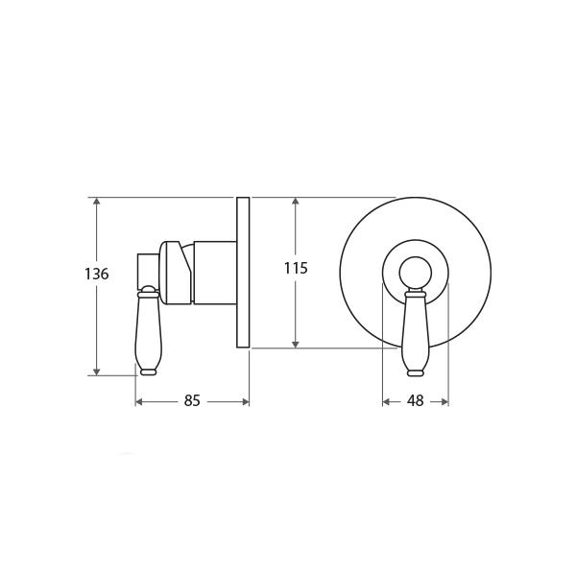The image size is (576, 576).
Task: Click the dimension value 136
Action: [97, 274]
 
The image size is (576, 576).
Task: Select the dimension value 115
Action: [296, 268]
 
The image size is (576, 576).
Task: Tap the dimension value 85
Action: [192, 400]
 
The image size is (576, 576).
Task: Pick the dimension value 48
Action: [416, 400]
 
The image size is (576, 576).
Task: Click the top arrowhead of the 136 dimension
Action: [96, 202]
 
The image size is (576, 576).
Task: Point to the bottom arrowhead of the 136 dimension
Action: [96, 372]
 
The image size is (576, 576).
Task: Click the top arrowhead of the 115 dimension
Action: [296, 202]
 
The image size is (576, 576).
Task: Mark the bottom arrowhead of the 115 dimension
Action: [296, 344]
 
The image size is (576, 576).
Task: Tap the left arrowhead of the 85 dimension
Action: [139, 402]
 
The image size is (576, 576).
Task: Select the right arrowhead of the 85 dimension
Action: [246, 402]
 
